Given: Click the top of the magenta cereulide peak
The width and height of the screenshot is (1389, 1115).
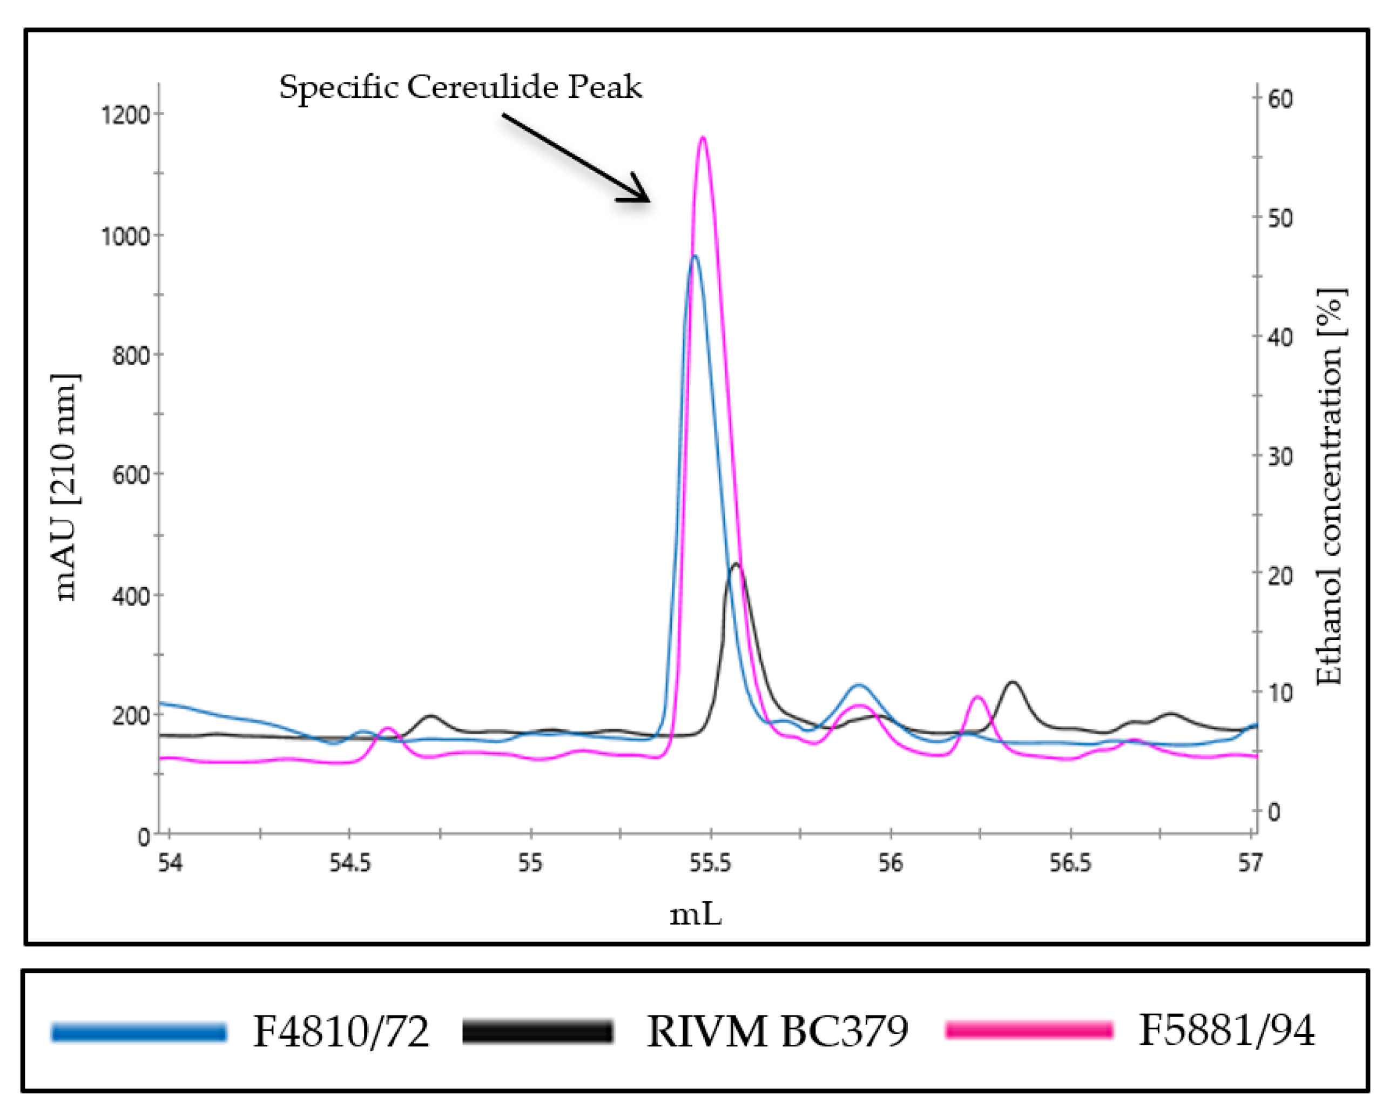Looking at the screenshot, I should [703, 138].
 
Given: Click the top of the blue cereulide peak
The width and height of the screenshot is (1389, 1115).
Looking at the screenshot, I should [694, 257].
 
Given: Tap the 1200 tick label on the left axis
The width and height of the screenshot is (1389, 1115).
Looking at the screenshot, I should [125, 116].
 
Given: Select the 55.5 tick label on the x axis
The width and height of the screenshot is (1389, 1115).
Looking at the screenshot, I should [710, 864].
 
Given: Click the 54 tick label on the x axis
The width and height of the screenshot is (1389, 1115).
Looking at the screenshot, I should [170, 864].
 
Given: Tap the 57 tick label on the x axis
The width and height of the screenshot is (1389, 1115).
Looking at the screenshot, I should [1250, 864].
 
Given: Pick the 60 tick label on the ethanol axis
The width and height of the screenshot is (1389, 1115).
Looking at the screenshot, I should [1280, 99].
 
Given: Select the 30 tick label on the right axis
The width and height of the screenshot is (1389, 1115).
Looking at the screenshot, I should [1280, 457].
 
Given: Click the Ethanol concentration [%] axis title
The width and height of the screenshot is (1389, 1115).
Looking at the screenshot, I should [1329, 487].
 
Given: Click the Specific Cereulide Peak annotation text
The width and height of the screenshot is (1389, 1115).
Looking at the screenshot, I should [460, 87].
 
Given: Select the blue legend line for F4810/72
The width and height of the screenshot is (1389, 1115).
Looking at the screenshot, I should [139, 1032].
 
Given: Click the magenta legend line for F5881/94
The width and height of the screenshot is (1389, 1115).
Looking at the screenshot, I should [1029, 1031].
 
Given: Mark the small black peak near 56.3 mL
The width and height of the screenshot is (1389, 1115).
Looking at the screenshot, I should [1012, 682].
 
